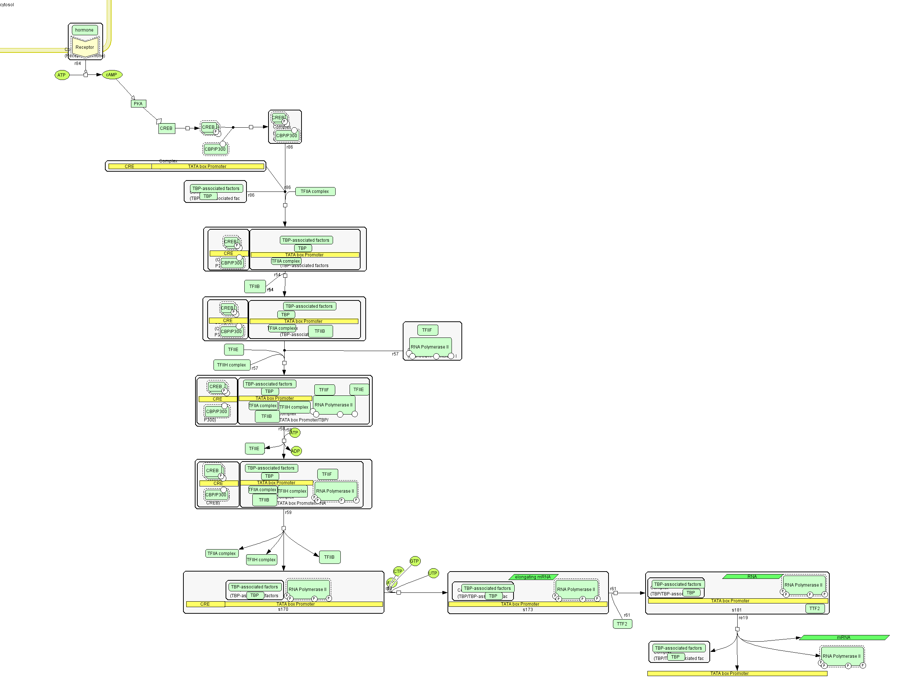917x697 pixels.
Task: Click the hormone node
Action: click(x=85, y=30)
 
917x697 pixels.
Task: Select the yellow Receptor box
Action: click(x=85, y=47)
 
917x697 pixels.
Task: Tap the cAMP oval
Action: click(x=112, y=75)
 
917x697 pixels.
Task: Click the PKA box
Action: click(x=138, y=104)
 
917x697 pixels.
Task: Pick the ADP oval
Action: click(x=296, y=451)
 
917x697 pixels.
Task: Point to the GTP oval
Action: click(x=414, y=561)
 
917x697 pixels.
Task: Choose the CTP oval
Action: click(x=398, y=571)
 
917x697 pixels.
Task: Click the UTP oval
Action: click(x=433, y=573)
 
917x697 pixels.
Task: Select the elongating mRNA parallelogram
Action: click(x=533, y=577)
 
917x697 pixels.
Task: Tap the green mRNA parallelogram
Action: click(x=844, y=638)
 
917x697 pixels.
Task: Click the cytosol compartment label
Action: click(x=7, y=4)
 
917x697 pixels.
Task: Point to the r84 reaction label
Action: click(x=77, y=63)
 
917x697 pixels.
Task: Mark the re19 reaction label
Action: click(x=743, y=618)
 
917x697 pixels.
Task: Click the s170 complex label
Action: click(x=283, y=609)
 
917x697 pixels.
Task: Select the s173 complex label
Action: click(x=527, y=610)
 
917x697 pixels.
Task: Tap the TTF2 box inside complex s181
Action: click(x=815, y=609)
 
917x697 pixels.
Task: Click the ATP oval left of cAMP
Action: click(x=62, y=75)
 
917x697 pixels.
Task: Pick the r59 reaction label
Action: click(x=288, y=512)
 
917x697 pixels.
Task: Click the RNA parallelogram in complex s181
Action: click(x=752, y=577)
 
